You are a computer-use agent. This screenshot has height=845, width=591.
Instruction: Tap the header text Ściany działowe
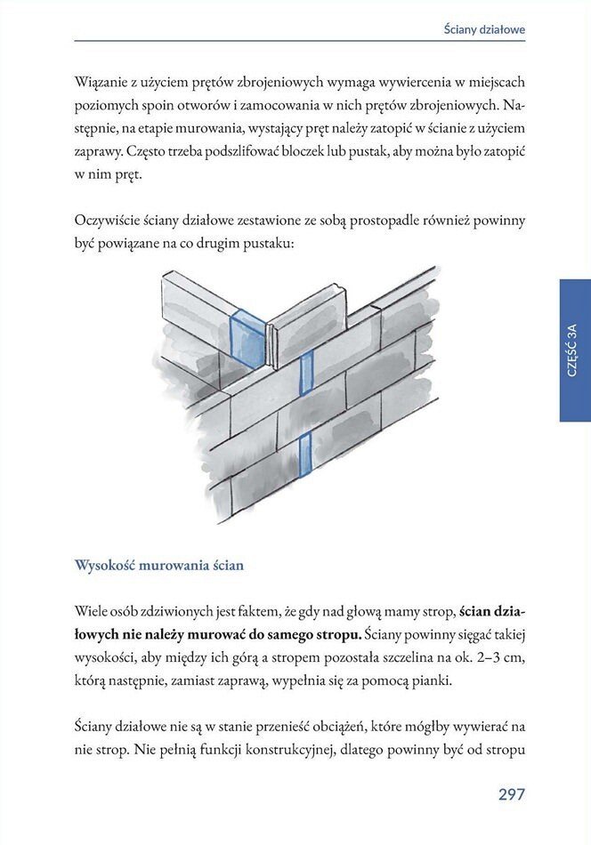click(x=484, y=29)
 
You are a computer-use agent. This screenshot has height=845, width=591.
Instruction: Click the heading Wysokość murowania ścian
click(x=159, y=565)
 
